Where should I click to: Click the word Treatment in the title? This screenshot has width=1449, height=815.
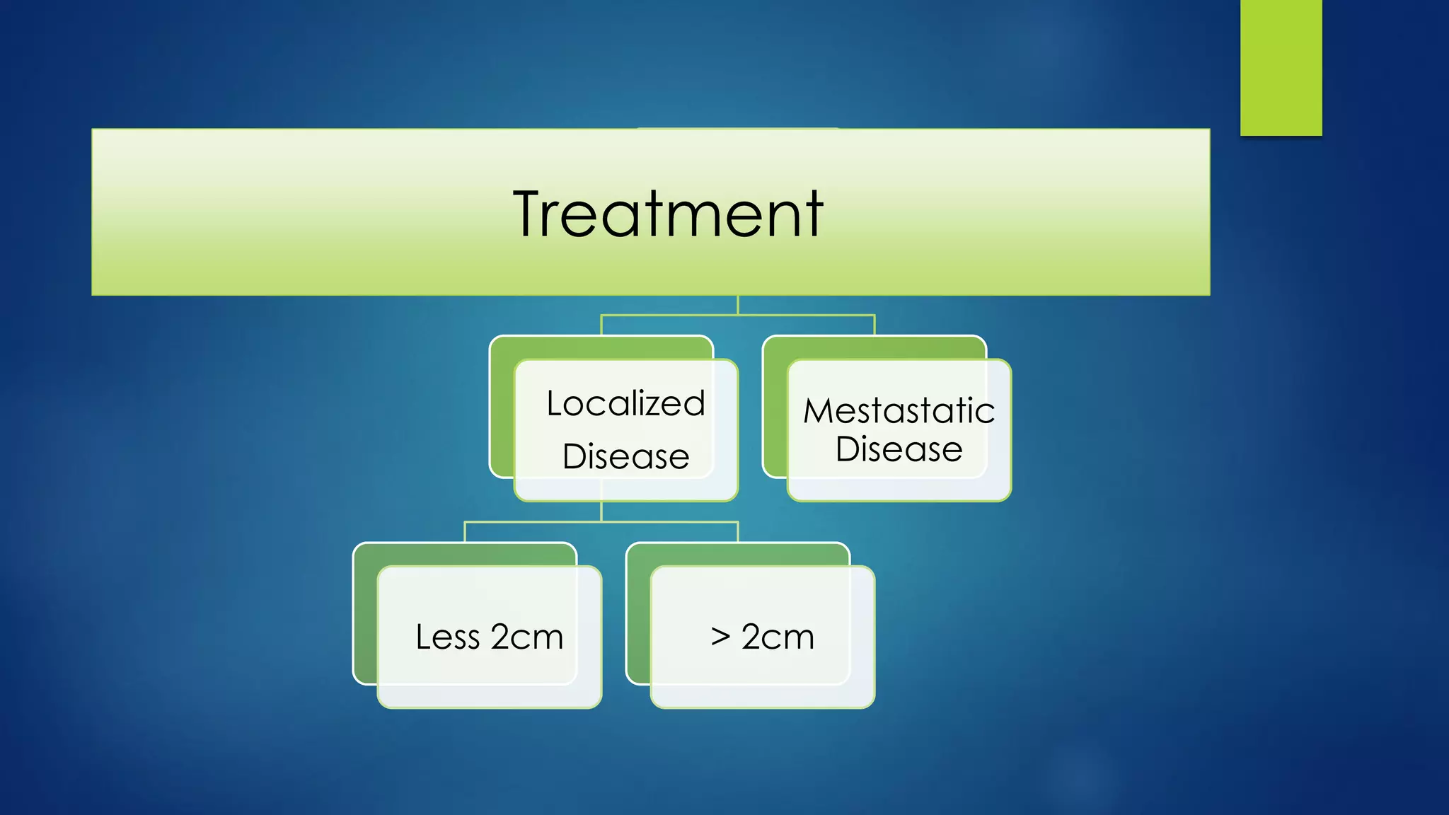click(668, 214)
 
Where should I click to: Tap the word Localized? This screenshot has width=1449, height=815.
click(625, 404)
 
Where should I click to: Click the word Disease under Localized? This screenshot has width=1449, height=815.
click(625, 456)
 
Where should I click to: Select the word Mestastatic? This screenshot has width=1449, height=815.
click(899, 411)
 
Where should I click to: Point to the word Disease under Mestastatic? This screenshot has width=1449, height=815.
click(899, 449)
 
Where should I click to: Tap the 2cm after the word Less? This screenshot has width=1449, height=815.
click(526, 637)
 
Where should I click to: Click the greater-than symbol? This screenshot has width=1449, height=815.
click(720, 636)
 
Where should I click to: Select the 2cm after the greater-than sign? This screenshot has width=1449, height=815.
click(778, 637)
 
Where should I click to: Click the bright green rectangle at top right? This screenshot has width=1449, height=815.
click(1281, 67)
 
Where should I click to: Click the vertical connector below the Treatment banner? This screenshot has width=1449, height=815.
click(738, 305)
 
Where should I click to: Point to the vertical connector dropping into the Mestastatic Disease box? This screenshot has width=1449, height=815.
click(874, 325)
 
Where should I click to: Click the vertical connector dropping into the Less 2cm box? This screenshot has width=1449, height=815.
click(465, 532)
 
